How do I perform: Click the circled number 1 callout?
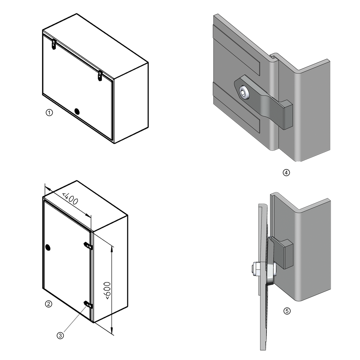click(50, 113)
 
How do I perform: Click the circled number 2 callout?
click(49, 304)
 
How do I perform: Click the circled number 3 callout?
click(60, 336)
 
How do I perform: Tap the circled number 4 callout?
click(286, 173)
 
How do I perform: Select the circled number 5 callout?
click(287, 311)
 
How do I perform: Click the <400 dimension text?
click(70, 199)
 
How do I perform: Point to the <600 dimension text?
click(107, 290)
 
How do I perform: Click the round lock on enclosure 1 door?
click(77, 111)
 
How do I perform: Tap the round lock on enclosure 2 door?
click(48, 247)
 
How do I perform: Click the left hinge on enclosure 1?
click(54, 44)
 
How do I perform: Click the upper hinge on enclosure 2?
click(88, 245)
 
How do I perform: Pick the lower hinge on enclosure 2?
click(88, 304)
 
